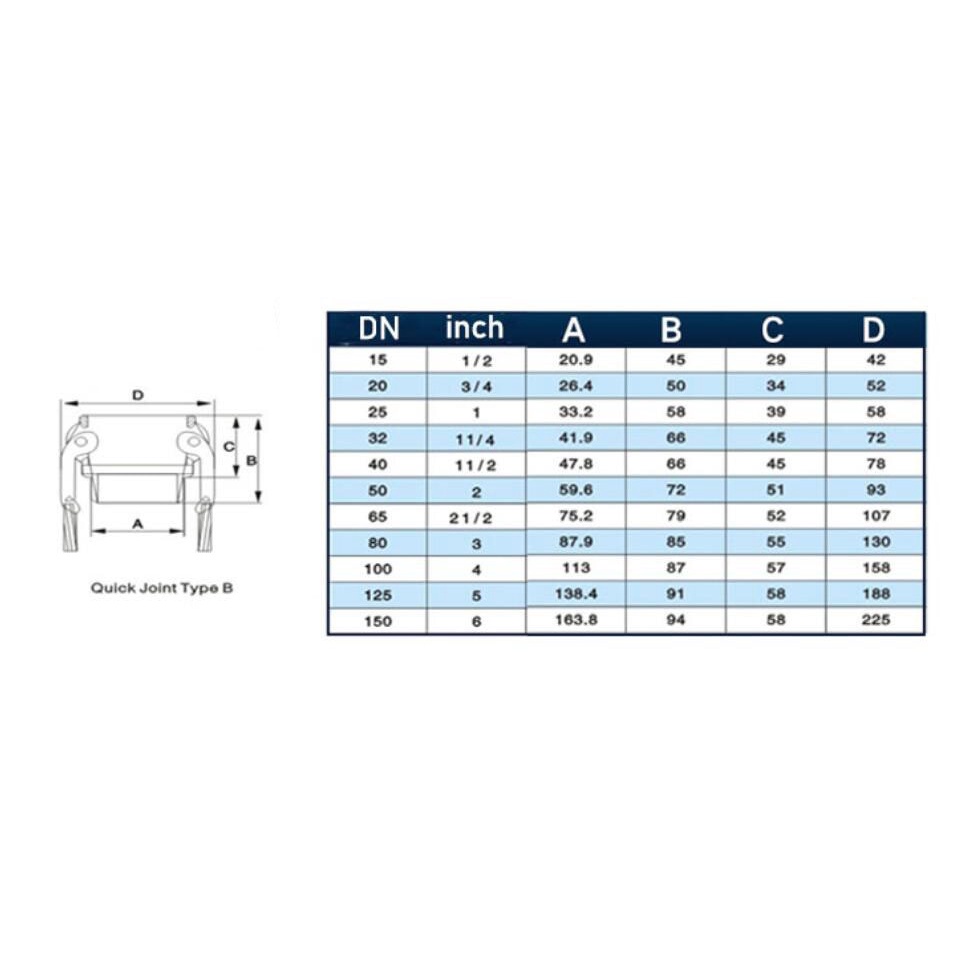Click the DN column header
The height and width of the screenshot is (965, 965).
378,329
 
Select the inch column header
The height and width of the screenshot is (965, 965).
474,327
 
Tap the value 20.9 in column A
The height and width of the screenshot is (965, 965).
575,360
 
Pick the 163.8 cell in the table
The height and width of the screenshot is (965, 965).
576,620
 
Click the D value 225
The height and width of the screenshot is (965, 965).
876,620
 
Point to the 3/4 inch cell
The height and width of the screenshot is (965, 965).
476,387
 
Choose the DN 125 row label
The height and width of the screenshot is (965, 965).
378,595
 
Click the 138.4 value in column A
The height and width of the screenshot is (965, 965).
576,594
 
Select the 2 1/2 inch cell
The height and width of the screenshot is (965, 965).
471,519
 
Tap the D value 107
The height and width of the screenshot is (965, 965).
876,516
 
